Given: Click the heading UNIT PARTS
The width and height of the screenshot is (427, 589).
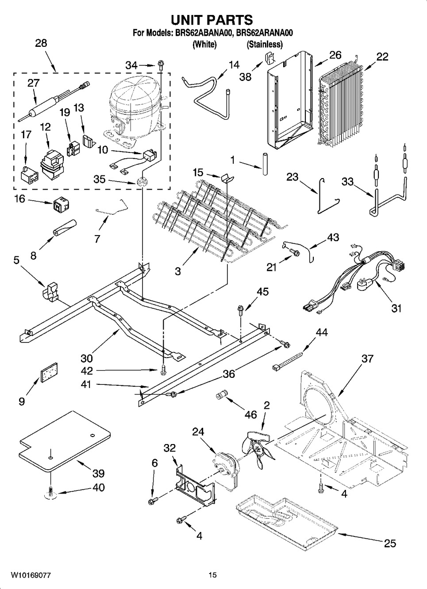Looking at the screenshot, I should click(212, 20).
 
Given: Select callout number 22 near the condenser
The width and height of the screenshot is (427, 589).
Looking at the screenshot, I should click(382, 57).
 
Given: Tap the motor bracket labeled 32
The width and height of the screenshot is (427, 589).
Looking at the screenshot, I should click(195, 483).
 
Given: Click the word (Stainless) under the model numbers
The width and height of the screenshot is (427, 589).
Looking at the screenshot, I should click(265, 44).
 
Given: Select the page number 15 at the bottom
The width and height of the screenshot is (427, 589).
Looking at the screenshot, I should click(213, 575).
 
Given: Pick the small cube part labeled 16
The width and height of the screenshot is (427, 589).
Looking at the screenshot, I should click(59, 205).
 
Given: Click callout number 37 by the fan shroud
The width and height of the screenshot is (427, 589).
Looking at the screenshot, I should click(367, 358).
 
